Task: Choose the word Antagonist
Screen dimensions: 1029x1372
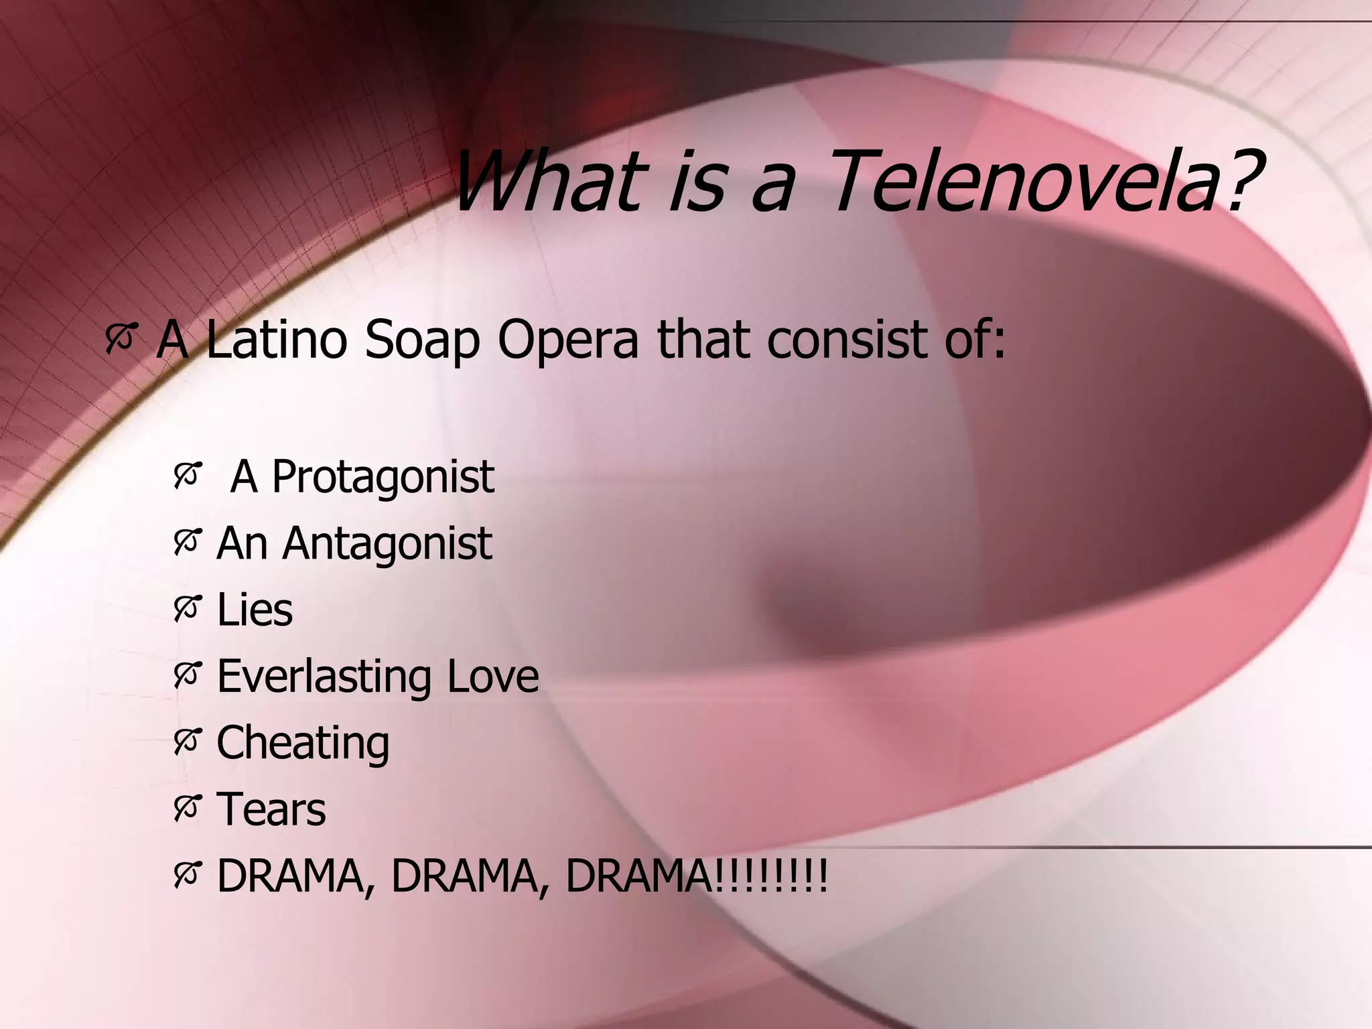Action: tap(387, 545)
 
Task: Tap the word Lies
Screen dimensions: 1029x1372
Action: tap(255, 610)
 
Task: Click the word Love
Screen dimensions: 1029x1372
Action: tap(492, 676)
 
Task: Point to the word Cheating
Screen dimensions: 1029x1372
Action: tap(303, 744)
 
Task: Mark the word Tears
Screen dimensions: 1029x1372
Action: tap(271, 809)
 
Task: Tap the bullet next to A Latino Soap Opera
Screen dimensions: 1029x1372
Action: tap(121, 337)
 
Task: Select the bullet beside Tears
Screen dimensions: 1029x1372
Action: tap(187, 808)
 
